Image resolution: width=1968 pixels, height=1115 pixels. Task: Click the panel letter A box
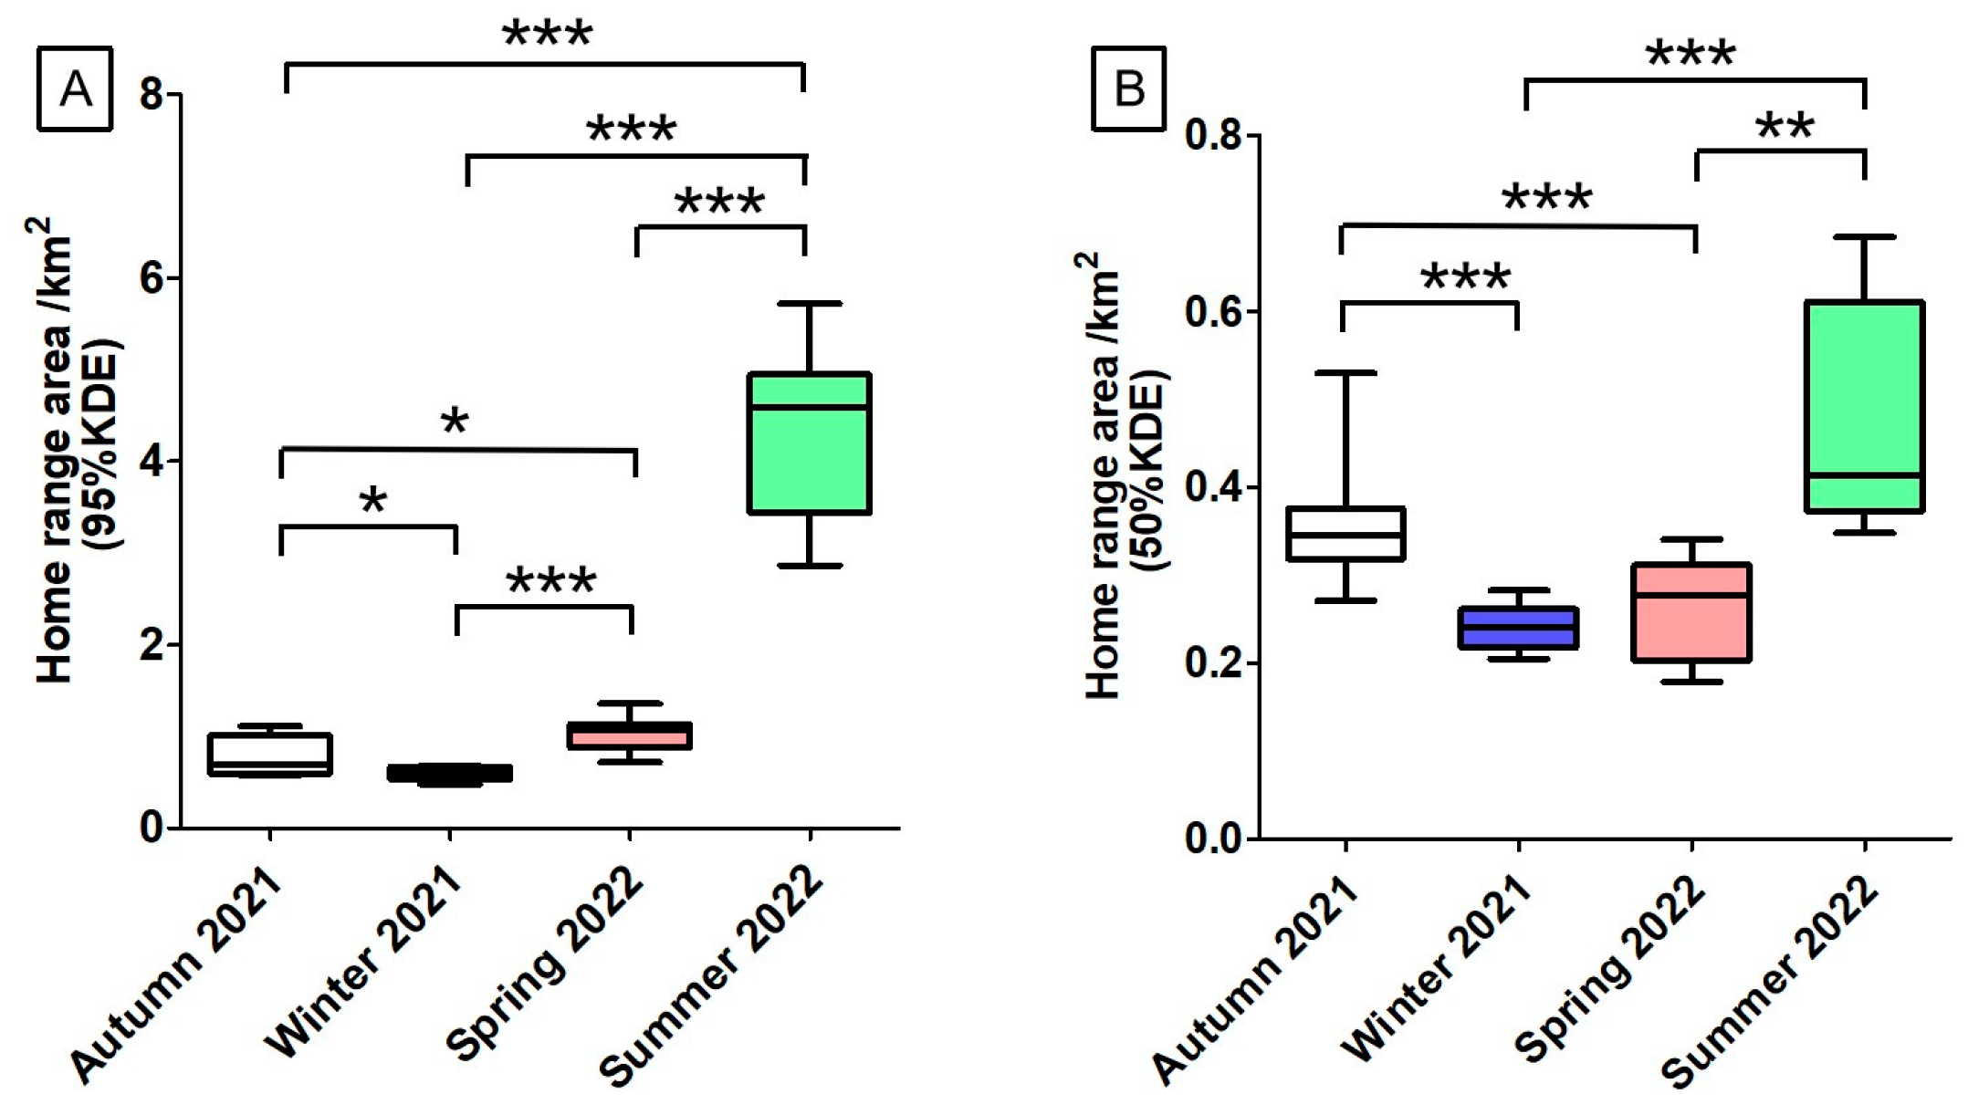click(x=75, y=89)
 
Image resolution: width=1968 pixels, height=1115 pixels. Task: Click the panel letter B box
click(x=1129, y=89)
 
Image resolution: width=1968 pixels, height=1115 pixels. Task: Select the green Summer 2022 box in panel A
click(x=809, y=443)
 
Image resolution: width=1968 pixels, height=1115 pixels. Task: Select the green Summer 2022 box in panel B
click(x=1864, y=406)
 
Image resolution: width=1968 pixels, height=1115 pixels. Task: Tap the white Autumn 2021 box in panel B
click(x=1345, y=533)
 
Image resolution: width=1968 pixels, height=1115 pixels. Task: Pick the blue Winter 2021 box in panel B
click(x=1518, y=628)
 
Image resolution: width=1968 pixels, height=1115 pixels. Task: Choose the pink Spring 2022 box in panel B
click(x=1691, y=612)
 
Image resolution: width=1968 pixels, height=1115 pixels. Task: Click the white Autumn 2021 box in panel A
click(x=269, y=754)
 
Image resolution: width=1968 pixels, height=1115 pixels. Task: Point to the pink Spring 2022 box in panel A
click(x=629, y=736)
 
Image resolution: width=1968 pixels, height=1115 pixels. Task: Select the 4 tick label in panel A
click(x=152, y=462)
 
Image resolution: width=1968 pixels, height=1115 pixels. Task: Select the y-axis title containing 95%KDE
click(x=78, y=447)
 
